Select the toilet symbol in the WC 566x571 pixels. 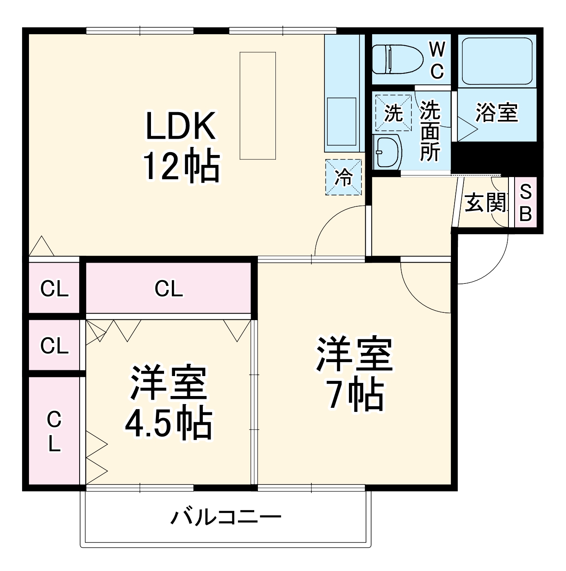click(x=397, y=60)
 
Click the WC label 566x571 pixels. click(x=437, y=60)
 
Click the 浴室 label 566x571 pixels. click(x=497, y=113)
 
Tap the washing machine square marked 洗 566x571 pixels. click(x=393, y=113)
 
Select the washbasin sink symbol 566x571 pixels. click(x=387, y=151)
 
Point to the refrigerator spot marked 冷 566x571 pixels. click(x=344, y=177)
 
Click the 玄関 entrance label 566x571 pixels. click(x=485, y=202)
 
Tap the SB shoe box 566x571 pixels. click(x=526, y=202)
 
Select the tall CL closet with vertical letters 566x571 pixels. click(x=54, y=431)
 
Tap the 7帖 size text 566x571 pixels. click(x=355, y=395)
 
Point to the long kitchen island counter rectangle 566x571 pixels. click(x=257, y=105)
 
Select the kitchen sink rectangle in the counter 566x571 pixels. click(x=342, y=122)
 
